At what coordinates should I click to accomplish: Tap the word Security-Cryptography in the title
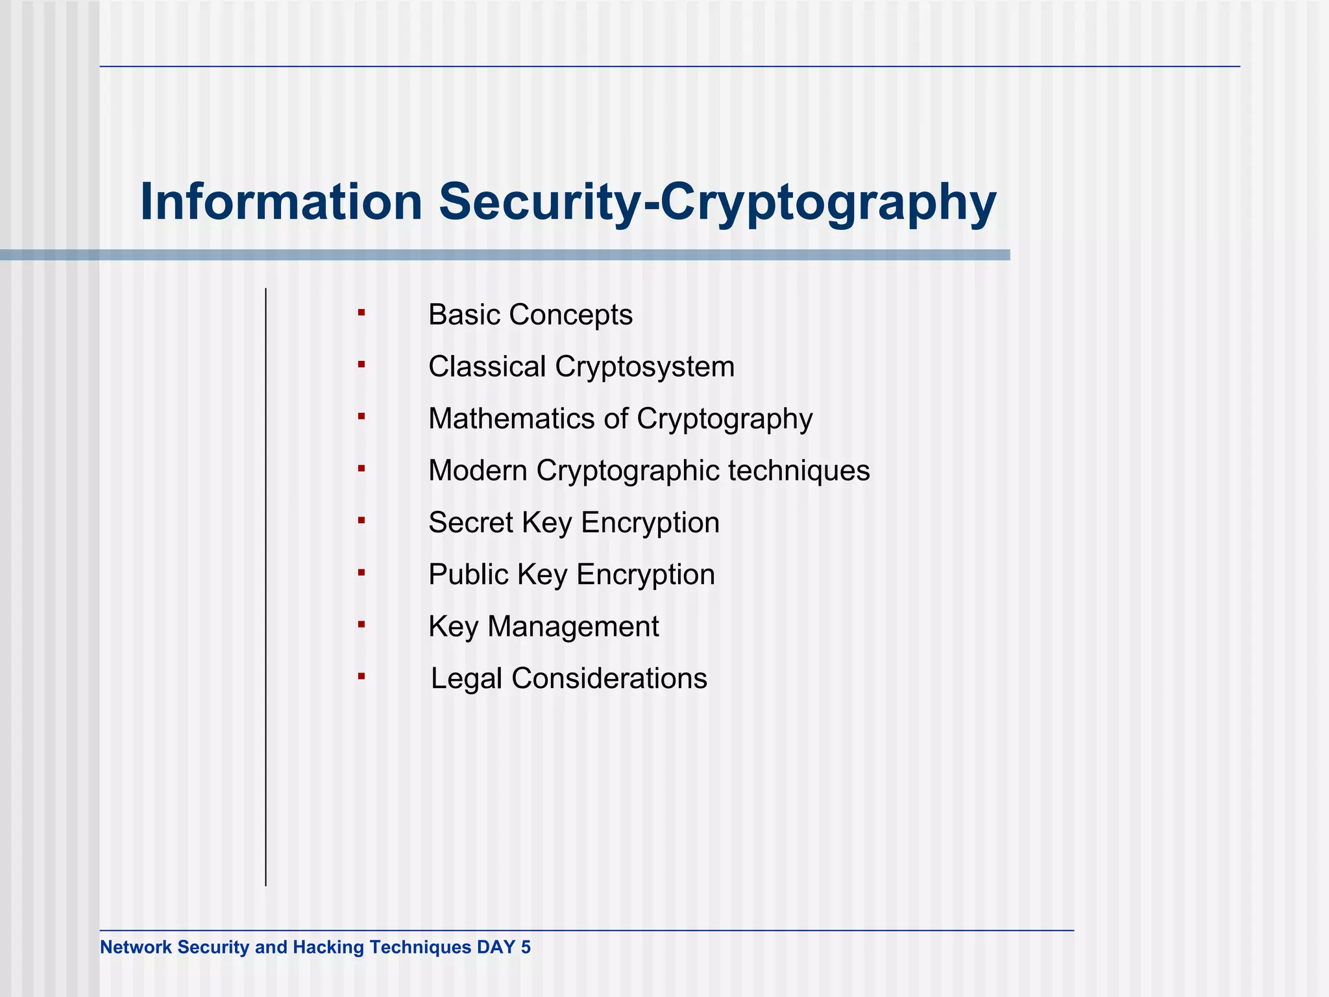click(718, 203)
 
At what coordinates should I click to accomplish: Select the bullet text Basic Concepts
click(530, 315)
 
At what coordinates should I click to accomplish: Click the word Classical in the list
click(487, 367)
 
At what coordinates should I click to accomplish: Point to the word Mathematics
click(511, 419)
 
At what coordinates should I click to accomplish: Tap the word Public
click(465, 574)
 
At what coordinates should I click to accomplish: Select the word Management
click(573, 627)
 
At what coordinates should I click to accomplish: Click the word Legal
click(467, 679)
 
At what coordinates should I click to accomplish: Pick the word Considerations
click(609, 678)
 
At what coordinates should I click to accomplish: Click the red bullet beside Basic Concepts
click(361, 314)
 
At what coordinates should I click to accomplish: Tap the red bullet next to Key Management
click(361, 625)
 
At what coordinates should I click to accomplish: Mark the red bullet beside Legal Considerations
click(361, 677)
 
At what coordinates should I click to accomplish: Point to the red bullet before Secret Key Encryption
click(361, 521)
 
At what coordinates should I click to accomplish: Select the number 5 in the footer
click(526, 948)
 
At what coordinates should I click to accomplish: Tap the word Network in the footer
click(136, 948)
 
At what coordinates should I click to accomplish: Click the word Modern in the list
click(478, 471)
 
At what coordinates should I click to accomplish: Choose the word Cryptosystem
click(644, 367)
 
